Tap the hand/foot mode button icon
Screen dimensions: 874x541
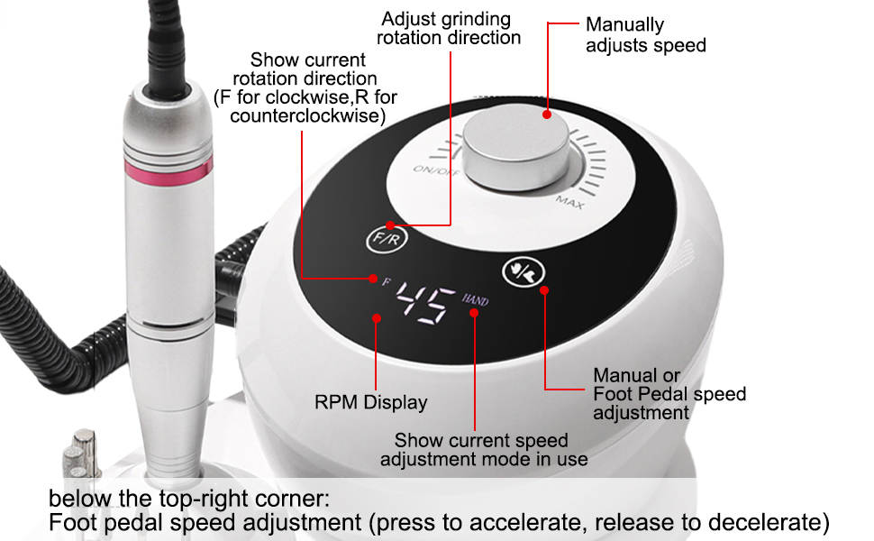(x=523, y=271)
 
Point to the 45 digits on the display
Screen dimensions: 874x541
(x=424, y=303)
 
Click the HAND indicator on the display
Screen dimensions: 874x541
(x=475, y=300)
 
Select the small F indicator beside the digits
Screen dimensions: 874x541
(x=387, y=281)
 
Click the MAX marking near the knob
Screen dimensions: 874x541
(x=569, y=202)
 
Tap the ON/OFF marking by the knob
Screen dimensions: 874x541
(x=436, y=170)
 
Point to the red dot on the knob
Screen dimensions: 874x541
(x=547, y=115)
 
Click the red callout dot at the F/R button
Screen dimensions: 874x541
(x=390, y=225)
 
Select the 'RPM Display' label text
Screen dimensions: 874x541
(x=370, y=402)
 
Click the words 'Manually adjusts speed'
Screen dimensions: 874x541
(x=645, y=34)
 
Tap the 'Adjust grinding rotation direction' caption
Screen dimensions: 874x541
(x=449, y=28)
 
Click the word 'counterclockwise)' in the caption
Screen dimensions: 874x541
(x=307, y=116)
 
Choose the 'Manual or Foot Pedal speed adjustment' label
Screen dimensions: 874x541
(x=669, y=394)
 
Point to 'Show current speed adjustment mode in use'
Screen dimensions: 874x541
(x=484, y=450)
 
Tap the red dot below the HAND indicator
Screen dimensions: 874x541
(x=474, y=313)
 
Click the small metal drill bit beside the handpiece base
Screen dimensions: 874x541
(x=82, y=454)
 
